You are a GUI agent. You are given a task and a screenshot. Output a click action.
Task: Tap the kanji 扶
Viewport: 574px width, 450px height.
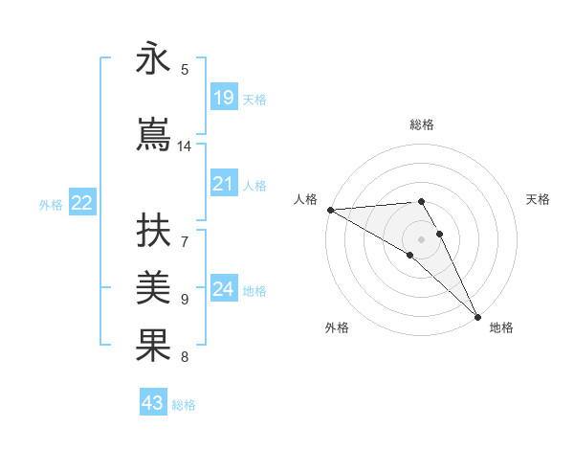coord(154,233)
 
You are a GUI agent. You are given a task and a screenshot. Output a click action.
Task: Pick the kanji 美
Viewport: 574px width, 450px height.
coord(154,287)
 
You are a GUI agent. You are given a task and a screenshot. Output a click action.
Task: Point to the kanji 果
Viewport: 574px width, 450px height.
coord(154,346)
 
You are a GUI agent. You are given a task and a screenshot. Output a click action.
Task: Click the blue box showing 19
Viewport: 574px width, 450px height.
coord(224,98)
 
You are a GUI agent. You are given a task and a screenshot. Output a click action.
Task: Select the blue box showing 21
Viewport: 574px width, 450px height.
coord(224,184)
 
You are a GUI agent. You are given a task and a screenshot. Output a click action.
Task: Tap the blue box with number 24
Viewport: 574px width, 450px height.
coord(224,289)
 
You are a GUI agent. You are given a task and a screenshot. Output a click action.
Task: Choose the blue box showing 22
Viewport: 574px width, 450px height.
coord(82,203)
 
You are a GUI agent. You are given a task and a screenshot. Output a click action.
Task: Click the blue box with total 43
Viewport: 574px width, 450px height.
coord(153,403)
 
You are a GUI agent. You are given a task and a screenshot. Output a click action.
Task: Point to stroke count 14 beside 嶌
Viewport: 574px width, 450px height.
coord(185,146)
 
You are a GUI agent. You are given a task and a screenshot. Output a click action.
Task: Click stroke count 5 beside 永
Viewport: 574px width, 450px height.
coord(185,70)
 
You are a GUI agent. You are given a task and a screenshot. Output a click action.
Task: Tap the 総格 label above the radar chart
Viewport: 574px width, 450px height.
coord(422,124)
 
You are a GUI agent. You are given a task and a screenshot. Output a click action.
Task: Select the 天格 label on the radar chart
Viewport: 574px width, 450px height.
coord(539,199)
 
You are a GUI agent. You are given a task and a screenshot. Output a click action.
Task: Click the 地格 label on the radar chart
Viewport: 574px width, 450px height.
coord(501,328)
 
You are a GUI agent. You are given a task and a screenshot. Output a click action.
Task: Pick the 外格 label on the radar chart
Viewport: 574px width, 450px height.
coord(337,328)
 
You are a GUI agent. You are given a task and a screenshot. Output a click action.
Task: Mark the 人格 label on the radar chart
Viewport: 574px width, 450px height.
coord(305,199)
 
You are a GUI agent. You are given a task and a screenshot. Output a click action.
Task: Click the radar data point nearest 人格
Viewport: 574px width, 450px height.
coord(330,210)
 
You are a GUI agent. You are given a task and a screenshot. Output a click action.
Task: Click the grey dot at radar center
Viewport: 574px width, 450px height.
coord(421,238)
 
